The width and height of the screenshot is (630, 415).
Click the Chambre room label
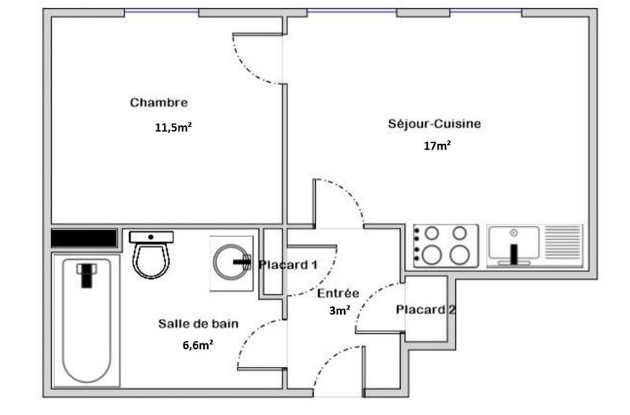click(158, 102)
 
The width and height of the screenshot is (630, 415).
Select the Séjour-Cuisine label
click(434, 124)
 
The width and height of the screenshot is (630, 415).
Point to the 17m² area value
click(438, 145)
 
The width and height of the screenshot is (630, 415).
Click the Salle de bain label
click(198, 323)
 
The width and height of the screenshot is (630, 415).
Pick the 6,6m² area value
click(198, 344)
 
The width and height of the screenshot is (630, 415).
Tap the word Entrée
click(338, 293)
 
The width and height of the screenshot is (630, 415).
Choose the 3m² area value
click(339, 310)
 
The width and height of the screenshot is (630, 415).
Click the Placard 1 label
click(288, 265)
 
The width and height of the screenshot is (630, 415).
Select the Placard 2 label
click(426, 309)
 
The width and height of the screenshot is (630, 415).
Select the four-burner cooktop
click(446, 245)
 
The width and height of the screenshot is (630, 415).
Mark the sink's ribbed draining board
click(562, 245)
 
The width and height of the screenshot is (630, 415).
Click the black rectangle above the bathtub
click(83, 238)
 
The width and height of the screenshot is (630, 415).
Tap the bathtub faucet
click(85, 275)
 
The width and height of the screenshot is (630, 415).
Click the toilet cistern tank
click(151, 236)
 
